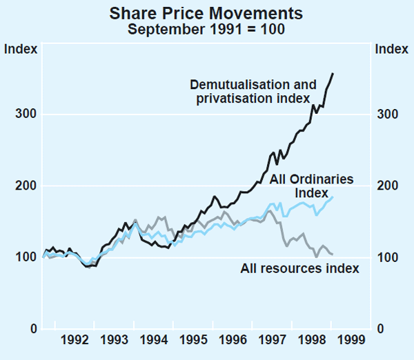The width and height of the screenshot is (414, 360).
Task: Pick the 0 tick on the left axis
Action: click(x=32, y=329)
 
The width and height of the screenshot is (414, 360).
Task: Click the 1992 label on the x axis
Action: click(x=75, y=340)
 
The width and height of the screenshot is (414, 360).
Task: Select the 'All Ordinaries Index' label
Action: click(x=311, y=186)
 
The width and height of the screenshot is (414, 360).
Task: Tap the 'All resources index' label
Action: click(x=299, y=268)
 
